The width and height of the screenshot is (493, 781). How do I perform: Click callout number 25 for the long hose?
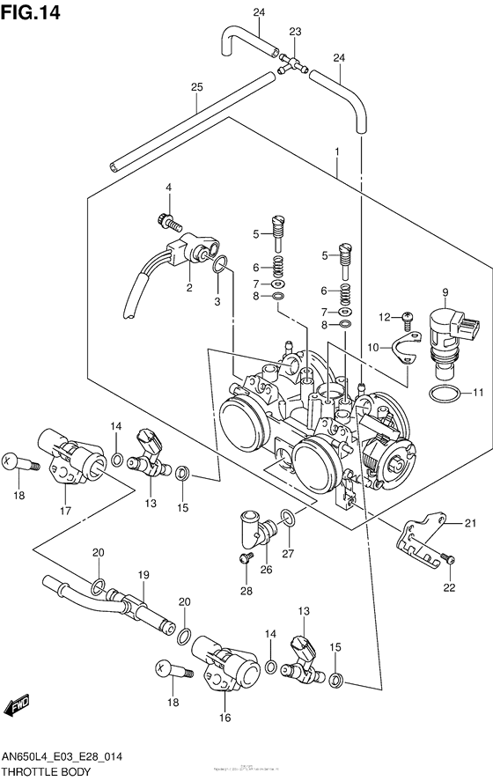[195, 87]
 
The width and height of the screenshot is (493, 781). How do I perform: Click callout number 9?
[445, 292]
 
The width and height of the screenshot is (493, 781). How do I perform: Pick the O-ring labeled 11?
[445, 394]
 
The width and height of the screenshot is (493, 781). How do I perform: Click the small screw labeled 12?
[408, 317]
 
